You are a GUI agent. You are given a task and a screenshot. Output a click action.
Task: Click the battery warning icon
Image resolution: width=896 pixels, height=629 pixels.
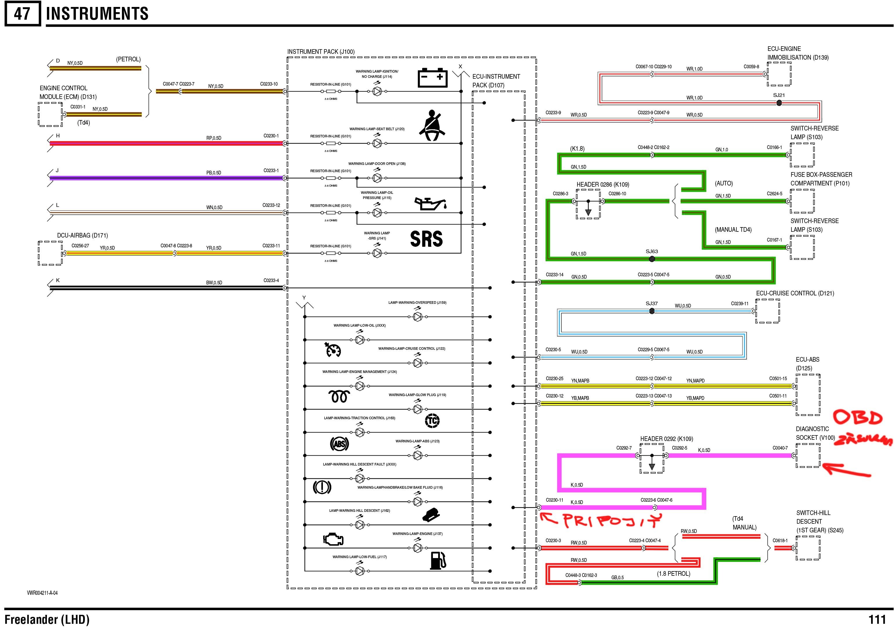(x=432, y=78)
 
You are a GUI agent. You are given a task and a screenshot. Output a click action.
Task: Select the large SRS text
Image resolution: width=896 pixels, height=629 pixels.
(x=426, y=239)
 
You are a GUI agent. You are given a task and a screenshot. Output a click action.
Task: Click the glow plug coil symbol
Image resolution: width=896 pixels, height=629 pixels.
(x=339, y=397)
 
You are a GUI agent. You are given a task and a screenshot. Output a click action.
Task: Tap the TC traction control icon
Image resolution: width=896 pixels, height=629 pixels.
(x=432, y=420)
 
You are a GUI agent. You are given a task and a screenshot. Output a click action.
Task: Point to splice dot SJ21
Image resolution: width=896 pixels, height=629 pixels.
(x=779, y=103)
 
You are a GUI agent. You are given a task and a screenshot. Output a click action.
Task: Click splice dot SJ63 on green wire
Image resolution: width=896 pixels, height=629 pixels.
(x=651, y=259)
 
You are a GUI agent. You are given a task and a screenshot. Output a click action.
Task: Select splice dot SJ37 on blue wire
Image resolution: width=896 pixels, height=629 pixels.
(x=651, y=311)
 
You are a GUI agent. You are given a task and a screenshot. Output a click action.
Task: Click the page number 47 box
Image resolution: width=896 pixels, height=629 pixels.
(x=22, y=14)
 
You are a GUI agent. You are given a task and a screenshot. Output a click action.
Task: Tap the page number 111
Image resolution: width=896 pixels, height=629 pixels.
(x=877, y=619)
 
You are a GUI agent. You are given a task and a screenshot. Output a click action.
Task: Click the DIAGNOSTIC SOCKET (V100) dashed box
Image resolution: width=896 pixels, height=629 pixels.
(x=808, y=456)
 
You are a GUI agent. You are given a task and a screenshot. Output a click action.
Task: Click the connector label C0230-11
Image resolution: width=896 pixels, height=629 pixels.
(x=554, y=500)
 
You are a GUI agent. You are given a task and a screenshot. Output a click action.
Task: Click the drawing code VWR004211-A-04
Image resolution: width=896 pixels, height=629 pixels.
(x=42, y=593)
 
